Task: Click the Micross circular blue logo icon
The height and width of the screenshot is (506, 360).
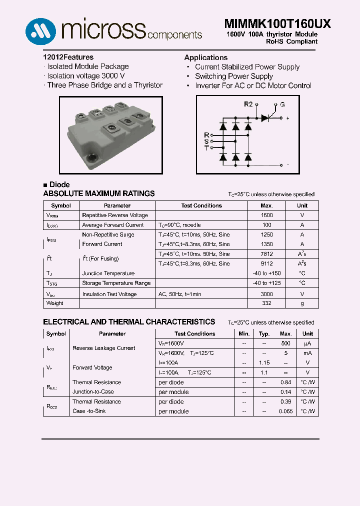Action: pos(39,31)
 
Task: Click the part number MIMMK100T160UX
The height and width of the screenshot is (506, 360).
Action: pos(270,24)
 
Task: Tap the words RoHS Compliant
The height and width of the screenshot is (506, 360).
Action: pos(292,41)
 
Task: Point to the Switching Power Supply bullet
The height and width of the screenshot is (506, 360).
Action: pos(233,76)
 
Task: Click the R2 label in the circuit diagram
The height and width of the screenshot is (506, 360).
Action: pos(248,104)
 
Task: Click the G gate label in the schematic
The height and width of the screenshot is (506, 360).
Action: pos(282,104)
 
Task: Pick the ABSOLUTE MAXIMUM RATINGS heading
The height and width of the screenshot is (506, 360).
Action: pos(99,193)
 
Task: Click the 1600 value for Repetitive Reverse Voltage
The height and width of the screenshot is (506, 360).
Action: pos(266,215)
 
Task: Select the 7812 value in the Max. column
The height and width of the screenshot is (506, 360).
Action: pos(266,254)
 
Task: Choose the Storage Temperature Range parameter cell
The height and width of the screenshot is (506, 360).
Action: pos(116,283)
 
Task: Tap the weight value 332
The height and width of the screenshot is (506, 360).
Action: pos(266,303)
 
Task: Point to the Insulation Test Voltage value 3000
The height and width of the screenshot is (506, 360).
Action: pos(266,294)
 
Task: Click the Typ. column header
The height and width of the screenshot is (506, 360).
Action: pos(264,334)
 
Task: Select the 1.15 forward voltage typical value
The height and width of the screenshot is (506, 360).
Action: pos(264,363)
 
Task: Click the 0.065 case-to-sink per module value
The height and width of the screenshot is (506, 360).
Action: pos(285,411)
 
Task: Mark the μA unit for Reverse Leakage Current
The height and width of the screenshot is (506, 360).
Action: pos(307,343)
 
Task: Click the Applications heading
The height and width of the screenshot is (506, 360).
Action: pos(205,57)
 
